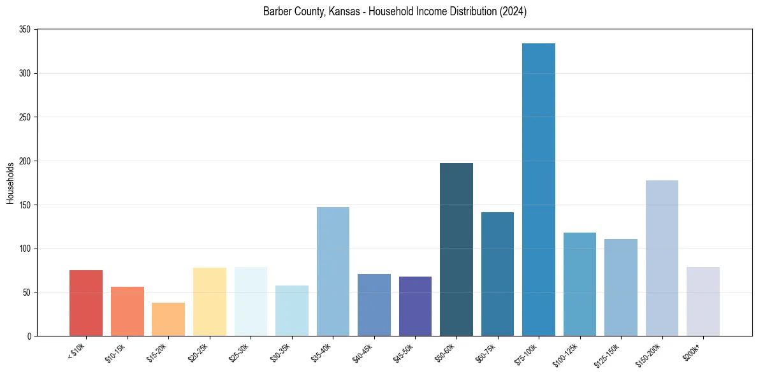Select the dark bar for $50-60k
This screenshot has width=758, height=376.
tap(456, 249)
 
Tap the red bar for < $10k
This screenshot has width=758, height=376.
tap(86, 303)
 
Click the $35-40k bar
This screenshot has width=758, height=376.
tap(333, 271)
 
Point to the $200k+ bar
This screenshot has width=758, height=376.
tap(703, 301)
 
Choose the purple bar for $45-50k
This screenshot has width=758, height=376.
tap(415, 306)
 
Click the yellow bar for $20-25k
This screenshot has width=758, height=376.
tap(209, 301)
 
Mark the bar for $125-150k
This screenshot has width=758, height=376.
tap(621, 287)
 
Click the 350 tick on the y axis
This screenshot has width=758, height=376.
tap(26, 30)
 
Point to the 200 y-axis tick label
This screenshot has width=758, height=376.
tap(26, 161)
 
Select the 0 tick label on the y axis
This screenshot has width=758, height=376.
tap(29, 336)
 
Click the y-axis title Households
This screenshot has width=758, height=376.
tap(11, 183)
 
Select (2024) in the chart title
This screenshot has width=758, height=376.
tap(513, 11)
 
